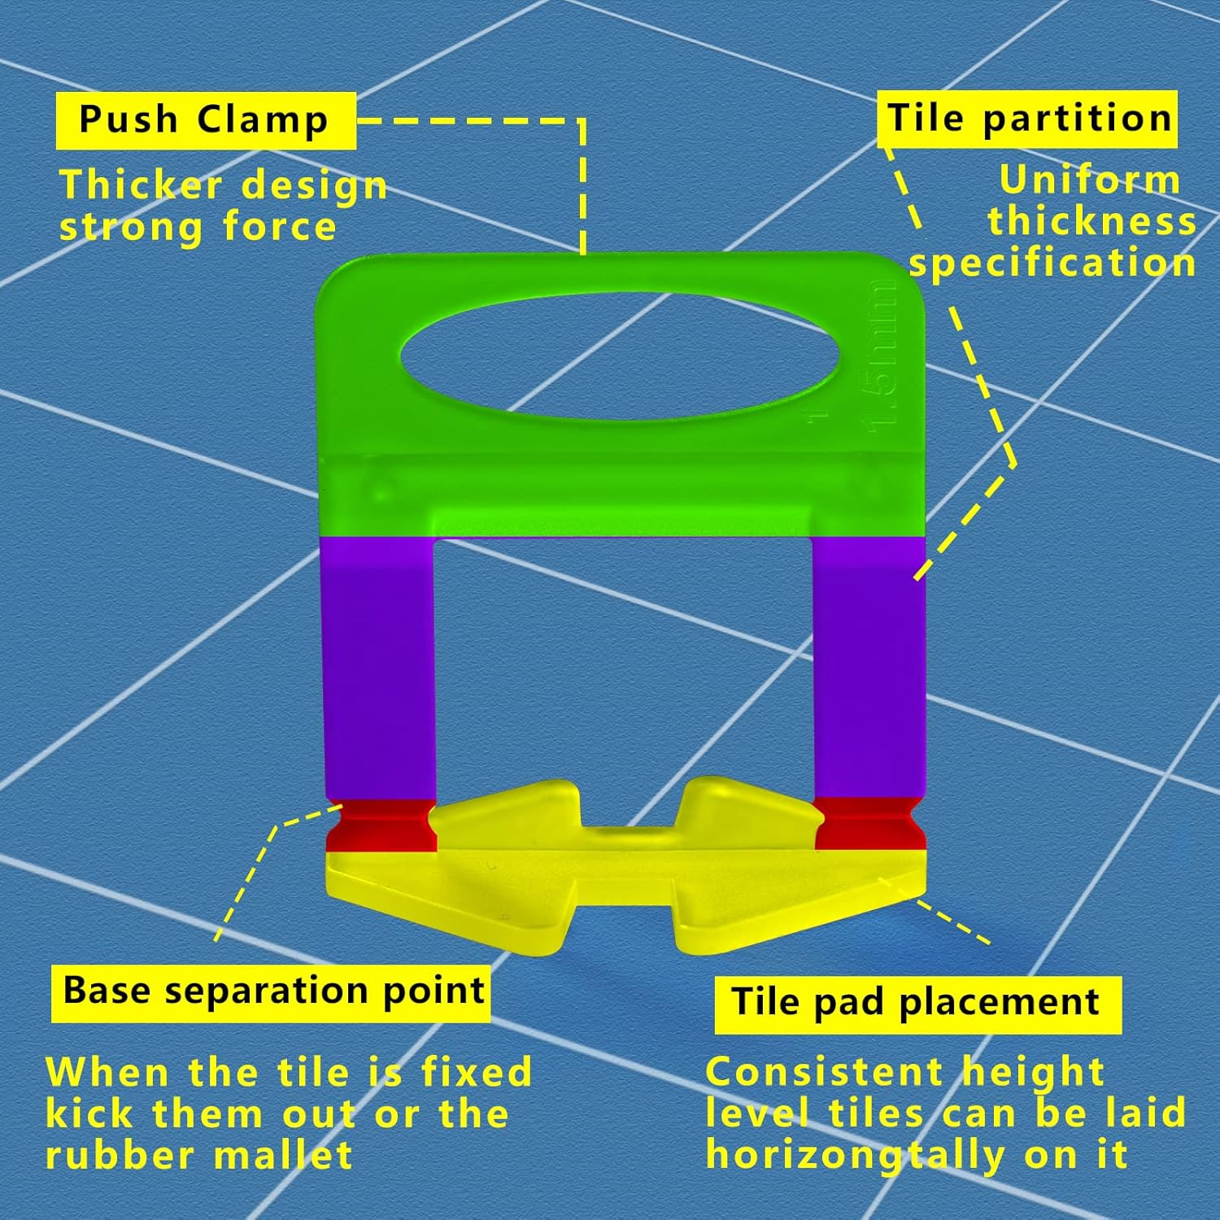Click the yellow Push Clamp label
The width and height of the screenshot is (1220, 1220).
205,120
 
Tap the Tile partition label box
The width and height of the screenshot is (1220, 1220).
1027,119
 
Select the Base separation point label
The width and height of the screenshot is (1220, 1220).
272,991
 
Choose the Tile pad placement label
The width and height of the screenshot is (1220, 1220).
917,1002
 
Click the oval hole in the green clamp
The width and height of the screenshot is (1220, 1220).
618,357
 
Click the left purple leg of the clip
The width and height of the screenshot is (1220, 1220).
380,667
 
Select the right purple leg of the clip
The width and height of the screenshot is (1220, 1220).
869,667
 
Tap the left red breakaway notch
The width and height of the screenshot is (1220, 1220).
381,826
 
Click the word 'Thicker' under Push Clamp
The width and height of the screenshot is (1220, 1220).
141,185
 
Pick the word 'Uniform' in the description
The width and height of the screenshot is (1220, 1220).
1089,181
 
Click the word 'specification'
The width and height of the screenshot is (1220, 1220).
1052,264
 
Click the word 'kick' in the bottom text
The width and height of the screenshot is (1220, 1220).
88,1113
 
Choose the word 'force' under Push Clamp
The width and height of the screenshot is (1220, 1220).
279,226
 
